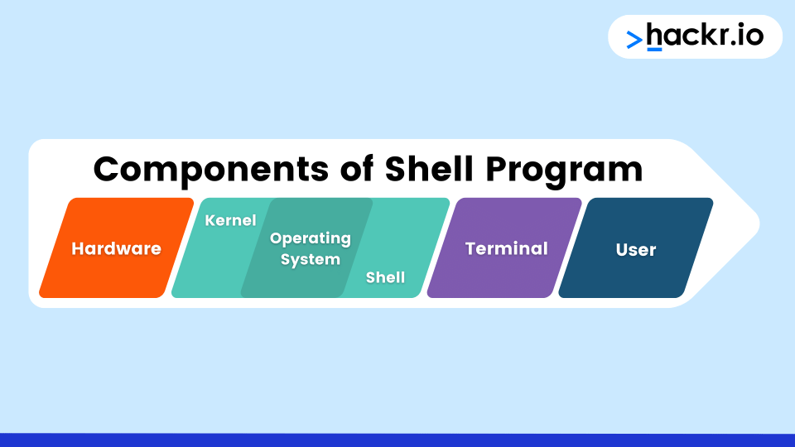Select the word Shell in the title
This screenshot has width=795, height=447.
pos(429,169)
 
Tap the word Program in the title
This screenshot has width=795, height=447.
pos(564,171)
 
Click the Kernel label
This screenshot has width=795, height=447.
pos(230,220)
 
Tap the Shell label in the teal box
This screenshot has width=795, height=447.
pos(385,277)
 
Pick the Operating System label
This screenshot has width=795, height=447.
pos(311,248)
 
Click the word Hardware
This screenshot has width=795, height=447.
pos(116,248)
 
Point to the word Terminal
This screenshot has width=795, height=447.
pos(506,248)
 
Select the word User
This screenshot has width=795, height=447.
pos(636,249)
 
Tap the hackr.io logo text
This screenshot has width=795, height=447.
pos(704,36)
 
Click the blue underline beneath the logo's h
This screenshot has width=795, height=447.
pos(654,50)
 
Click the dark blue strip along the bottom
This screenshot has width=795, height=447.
pos(397,440)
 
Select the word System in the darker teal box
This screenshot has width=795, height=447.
pos(311,259)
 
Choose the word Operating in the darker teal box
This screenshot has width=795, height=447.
pos(311,238)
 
